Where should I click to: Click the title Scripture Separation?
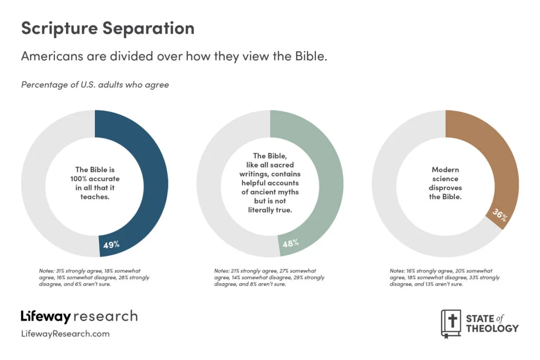(108, 28)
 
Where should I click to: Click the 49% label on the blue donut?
(111, 245)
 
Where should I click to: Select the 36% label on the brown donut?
(499, 216)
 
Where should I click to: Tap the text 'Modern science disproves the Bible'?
(445, 183)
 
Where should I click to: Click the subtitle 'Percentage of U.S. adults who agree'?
(95, 84)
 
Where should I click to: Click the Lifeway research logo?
(79, 316)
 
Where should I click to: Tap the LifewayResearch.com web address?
(65, 334)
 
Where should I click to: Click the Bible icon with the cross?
(451, 323)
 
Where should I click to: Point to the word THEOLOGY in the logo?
(492, 328)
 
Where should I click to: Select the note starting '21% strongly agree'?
(269, 277)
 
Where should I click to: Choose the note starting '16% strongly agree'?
(444, 277)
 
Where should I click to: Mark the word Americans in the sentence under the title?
(50, 56)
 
